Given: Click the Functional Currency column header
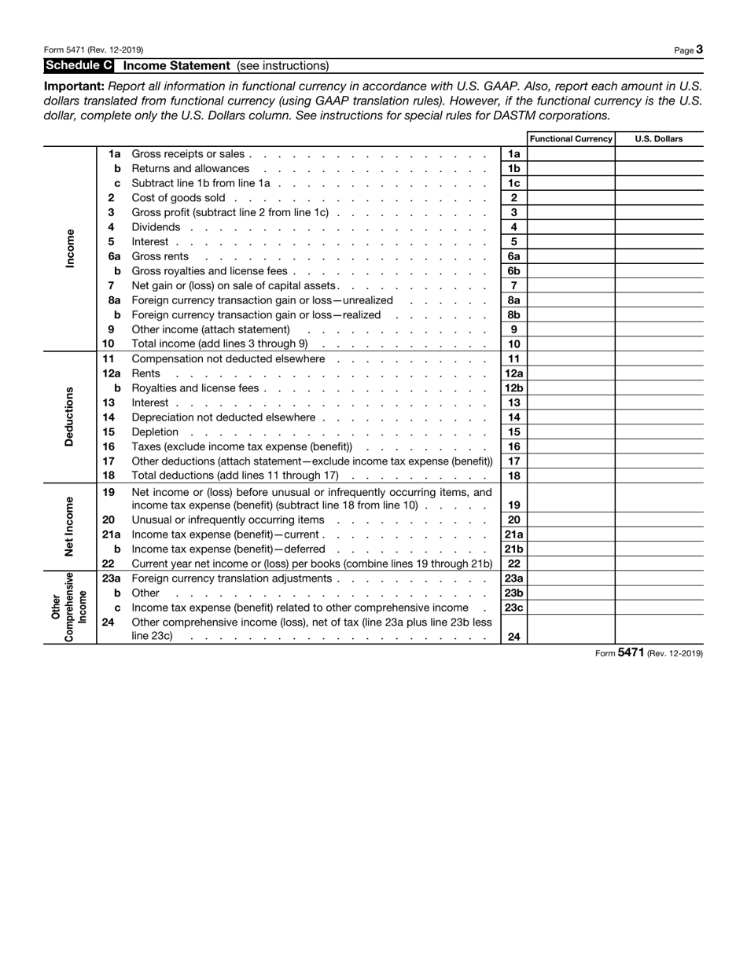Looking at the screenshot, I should (571, 139).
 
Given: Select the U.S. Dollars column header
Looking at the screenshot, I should (658, 139).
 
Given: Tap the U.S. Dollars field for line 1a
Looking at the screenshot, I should (659, 154).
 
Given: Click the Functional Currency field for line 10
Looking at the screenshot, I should (571, 344).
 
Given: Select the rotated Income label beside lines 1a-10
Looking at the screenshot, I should (69, 249).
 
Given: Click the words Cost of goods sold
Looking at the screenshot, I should (178, 198).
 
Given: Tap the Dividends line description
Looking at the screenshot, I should (156, 227).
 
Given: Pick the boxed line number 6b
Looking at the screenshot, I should (513, 271).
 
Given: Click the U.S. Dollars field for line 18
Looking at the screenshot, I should (659, 476).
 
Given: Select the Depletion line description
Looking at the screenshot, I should (155, 432).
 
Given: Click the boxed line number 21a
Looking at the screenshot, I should (513, 534).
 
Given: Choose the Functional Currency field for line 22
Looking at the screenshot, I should (571, 564).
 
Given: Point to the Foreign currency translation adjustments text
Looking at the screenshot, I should (232, 578).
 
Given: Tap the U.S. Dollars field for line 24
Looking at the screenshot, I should (659, 637).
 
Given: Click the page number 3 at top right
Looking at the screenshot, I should (699, 50).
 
